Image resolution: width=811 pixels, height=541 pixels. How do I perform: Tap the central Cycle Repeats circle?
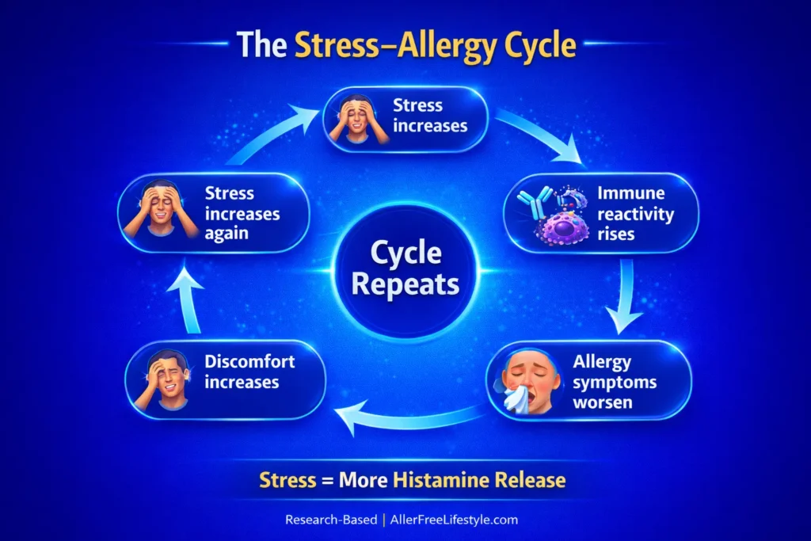click(405, 269)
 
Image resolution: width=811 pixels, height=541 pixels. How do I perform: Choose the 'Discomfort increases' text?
click(249, 372)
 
